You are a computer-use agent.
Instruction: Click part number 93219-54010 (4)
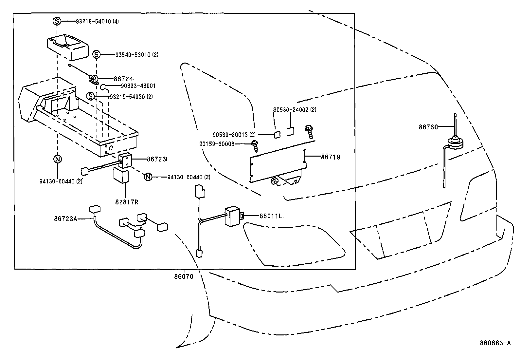[x=97, y=21]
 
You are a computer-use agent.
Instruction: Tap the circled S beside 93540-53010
[x=96, y=54]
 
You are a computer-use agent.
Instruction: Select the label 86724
[x=123, y=79]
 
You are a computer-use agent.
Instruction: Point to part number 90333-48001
[x=138, y=86]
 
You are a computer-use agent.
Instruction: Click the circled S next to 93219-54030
[x=91, y=96]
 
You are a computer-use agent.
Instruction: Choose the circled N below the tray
[x=57, y=159]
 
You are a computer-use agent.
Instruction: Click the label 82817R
[x=126, y=202]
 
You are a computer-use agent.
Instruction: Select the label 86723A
[x=65, y=218]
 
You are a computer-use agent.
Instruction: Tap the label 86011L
[x=271, y=216]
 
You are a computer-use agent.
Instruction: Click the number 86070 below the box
[x=184, y=276]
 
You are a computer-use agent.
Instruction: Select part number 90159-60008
[x=217, y=143]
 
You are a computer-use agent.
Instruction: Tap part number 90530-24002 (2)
[x=295, y=110]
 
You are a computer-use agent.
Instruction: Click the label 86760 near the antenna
[x=428, y=127]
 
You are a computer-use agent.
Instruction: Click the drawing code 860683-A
[x=495, y=343]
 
